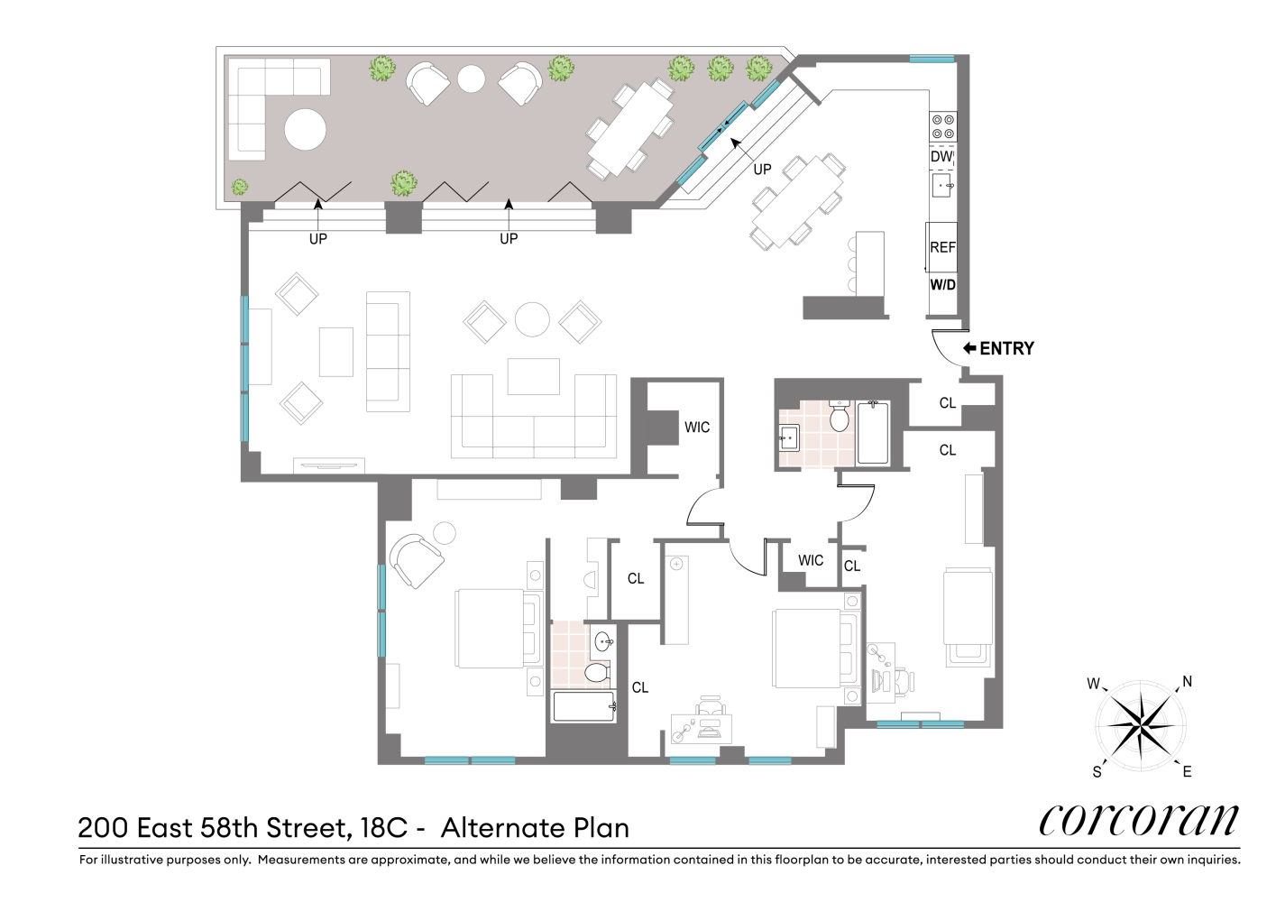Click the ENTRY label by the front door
click(1006, 348)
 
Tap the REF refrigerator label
click(942, 247)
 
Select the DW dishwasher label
click(941, 156)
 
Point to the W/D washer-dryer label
click(942, 284)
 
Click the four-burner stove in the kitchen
click(942, 126)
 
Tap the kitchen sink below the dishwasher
click(942, 185)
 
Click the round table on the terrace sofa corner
click(306, 129)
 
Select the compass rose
click(1141, 726)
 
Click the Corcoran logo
click(1139, 821)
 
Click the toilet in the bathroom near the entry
click(840, 416)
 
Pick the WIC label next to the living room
click(697, 427)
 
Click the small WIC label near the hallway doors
click(810, 560)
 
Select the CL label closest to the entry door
click(948, 403)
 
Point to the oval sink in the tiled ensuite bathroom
click(604, 642)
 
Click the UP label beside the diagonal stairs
click(762, 170)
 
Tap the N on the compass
click(1187, 682)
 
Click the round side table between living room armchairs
click(532, 319)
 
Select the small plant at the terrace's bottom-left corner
click(240, 187)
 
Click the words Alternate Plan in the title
click(535, 828)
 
